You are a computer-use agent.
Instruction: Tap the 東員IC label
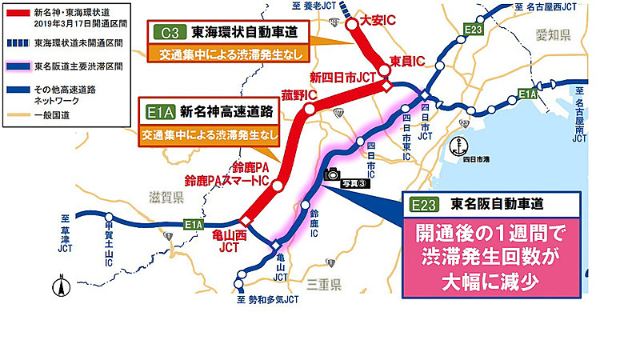pos(406,61)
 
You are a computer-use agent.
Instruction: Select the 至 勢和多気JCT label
pos(267,300)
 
